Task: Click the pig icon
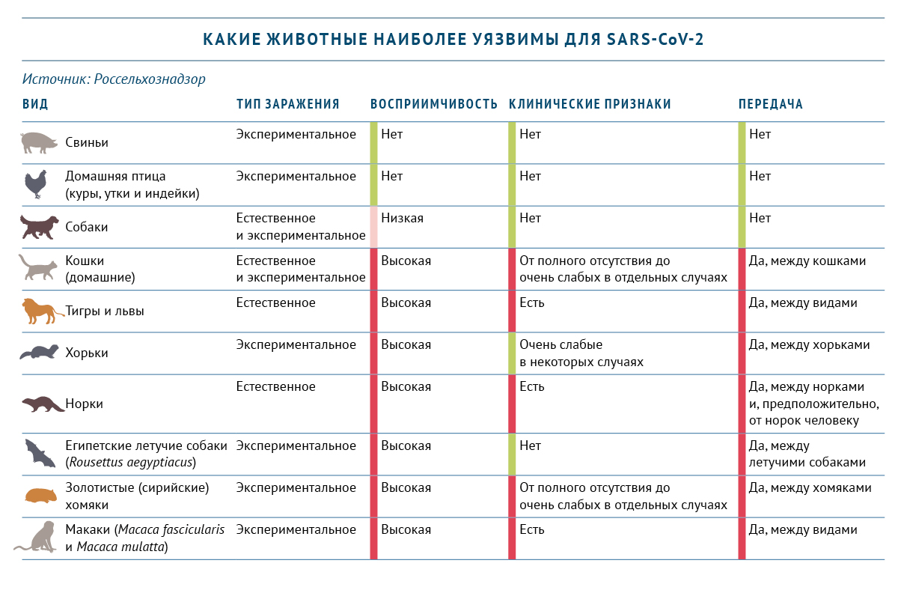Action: [38, 142]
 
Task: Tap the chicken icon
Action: [36, 184]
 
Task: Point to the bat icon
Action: [37, 454]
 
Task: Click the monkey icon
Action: [37, 538]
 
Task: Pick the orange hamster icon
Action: [37, 496]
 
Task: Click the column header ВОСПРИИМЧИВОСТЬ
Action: [434, 104]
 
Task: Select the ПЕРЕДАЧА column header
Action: [771, 104]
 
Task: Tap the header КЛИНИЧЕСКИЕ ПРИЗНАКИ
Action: [590, 104]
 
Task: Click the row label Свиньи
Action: [87, 142]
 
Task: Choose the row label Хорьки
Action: [87, 353]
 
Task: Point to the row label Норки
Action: [85, 404]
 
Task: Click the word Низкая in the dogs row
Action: [402, 219]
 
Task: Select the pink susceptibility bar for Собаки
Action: [373, 227]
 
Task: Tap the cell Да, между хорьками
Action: [810, 345]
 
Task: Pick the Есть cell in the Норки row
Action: [532, 387]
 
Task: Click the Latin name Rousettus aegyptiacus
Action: [131, 462]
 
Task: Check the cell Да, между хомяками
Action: [810, 487]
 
